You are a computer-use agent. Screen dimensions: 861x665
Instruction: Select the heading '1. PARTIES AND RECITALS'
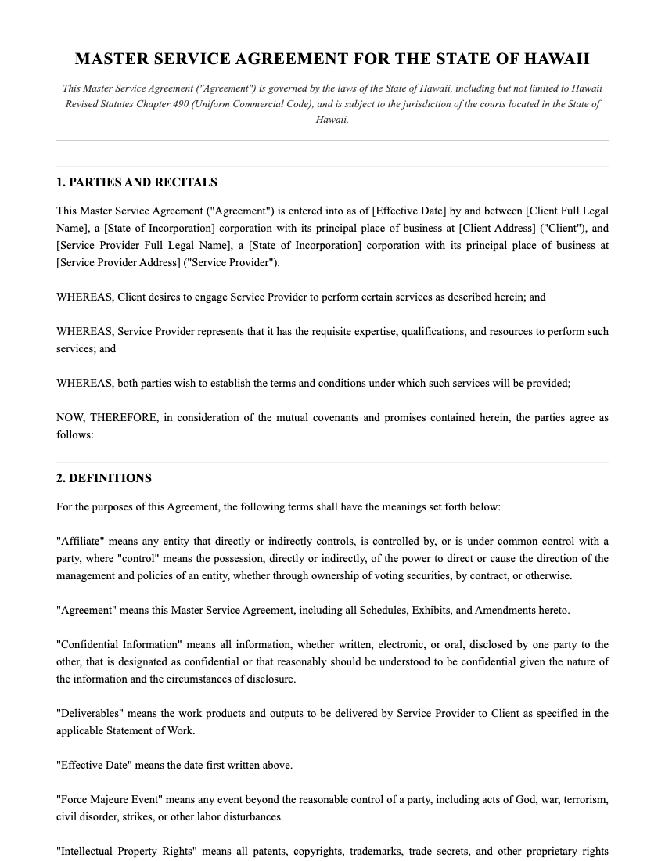pos(137,182)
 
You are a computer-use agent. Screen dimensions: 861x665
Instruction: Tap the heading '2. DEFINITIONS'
pos(104,478)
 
